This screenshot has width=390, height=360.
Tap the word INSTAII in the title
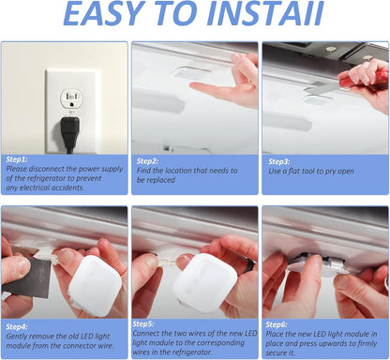[265, 14]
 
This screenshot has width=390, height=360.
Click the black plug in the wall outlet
[69, 134]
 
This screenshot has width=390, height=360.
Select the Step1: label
[17, 159]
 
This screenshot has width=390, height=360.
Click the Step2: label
[147, 161]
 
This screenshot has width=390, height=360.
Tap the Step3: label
[279, 161]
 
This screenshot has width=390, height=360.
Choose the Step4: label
[17, 327]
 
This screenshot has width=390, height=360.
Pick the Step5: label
[143, 323]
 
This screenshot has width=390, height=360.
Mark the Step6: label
[277, 324]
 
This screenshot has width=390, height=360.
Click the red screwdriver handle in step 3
[364, 80]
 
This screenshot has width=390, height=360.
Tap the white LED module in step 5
[204, 283]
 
